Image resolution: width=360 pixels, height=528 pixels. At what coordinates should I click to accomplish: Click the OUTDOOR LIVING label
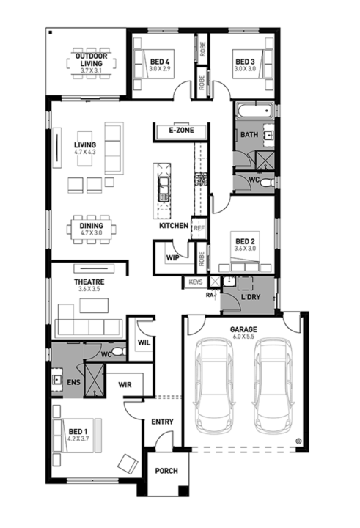[x=92, y=59]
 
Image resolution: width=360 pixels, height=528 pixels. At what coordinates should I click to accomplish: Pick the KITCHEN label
[x=174, y=226]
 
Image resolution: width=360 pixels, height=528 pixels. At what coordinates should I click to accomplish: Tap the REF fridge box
[x=198, y=228]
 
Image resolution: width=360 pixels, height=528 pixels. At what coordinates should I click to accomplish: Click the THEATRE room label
[x=89, y=282]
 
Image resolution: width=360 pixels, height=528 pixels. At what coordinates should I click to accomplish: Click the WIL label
[x=143, y=342]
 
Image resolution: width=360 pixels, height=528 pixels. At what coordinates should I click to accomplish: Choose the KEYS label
[x=195, y=282]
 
